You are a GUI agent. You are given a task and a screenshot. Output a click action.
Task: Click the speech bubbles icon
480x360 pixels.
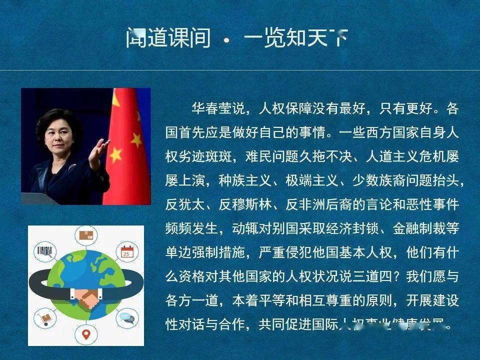pyautogui.click(x=127, y=317)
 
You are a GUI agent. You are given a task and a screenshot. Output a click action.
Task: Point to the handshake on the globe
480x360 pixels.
pyautogui.click(x=86, y=299)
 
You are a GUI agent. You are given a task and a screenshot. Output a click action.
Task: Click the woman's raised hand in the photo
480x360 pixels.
pyautogui.click(x=100, y=148)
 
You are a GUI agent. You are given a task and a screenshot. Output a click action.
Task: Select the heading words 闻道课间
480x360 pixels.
pyautogui.click(x=168, y=38)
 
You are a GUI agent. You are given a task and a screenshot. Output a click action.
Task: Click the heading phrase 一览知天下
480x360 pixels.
pyautogui.click(x=295, y=38)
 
